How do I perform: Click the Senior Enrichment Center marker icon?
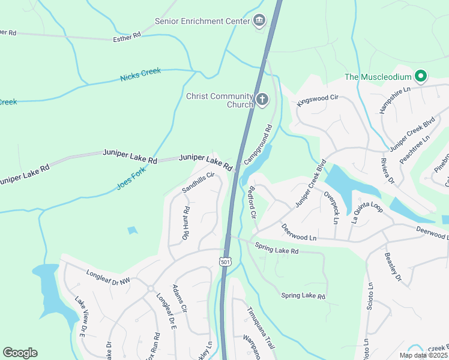click(x=259, y=21)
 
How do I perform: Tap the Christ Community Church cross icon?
click(x=262, y=100)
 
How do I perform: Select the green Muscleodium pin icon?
click(x=421, y=76)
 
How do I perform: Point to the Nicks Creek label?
click(x=140, y=74)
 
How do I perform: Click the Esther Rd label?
click(x=127, y=37)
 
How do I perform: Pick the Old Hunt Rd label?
click(x=185, y=223)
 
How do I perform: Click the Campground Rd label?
click(x=259, y=145)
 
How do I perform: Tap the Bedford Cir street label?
click(x=251, y=202)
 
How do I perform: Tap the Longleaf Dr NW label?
click(x=108, y=277)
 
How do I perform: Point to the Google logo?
click(x=20, y=353)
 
